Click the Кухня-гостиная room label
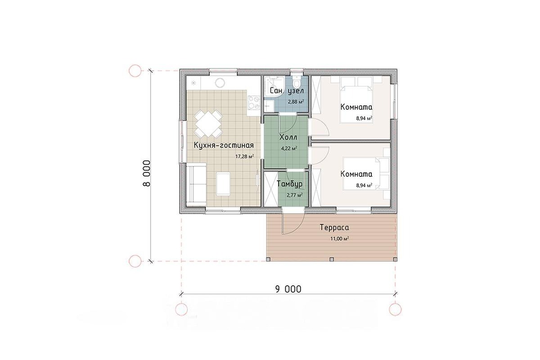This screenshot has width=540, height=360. (224, 145)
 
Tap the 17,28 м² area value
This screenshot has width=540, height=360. (244, 157)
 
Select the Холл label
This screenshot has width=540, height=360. (288, 137)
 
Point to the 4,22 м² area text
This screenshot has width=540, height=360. (289, 148)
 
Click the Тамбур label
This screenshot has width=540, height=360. (289, 184)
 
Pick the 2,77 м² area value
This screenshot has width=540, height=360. (295, 195)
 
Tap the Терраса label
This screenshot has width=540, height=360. (334, 227)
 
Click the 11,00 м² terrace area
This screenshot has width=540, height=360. (340, 238)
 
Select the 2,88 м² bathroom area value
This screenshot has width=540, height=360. (296, 102)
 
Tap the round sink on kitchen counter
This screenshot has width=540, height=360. (220, 83)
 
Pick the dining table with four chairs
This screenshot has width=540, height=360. (208, 124)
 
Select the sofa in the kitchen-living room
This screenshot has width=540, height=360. (196, 184)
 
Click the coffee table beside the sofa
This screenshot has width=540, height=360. (223, 184)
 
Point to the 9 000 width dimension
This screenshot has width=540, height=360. (288, 289)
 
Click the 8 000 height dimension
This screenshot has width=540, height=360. (146, 173)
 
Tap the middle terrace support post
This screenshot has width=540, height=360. (332, 259)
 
